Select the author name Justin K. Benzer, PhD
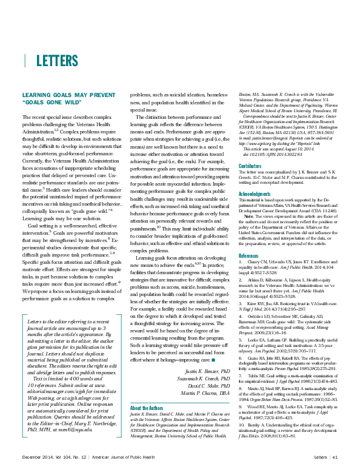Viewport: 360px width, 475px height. click(200, 387)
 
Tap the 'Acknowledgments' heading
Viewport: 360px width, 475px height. click(255, 194)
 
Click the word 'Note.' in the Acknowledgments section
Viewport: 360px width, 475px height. click(249, 216)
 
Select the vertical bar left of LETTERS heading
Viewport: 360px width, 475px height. click(25, 61)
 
